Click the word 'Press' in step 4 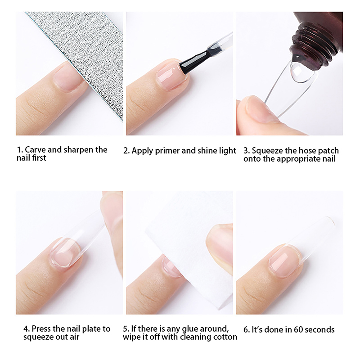click(41, 329)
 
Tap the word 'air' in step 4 click(75, 337)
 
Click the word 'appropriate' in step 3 click(298, 159)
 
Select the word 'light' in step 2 click(228, 151)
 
